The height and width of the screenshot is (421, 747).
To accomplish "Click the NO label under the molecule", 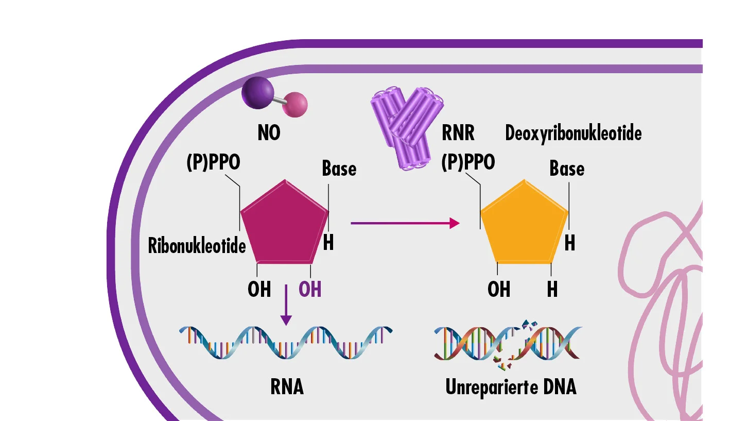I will (269, 133).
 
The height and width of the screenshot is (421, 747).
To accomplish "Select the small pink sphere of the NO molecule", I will (294, 105).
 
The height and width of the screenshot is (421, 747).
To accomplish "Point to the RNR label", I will (458, 133).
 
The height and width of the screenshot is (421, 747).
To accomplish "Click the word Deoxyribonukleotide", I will (573, 133).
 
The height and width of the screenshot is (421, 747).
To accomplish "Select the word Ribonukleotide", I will (197, 246).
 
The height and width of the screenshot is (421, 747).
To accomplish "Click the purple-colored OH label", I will (310, 289).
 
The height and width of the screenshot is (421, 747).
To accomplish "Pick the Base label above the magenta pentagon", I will (339, 169).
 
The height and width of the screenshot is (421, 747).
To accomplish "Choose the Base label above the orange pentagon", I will (567, 169).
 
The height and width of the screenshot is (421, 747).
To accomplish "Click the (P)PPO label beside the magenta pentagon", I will (213, 162).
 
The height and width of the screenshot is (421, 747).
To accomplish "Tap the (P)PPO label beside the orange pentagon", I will (468, 162).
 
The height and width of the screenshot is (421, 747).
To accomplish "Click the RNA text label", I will (287, 387).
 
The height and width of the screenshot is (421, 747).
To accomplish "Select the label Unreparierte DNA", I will (511, 387).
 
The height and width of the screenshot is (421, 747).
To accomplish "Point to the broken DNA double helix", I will (508, 342).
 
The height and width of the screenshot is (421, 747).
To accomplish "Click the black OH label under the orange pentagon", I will (499, 289).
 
